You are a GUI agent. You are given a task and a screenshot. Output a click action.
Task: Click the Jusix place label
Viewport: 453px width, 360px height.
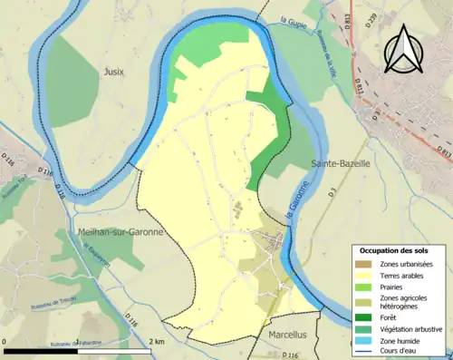[113, 71]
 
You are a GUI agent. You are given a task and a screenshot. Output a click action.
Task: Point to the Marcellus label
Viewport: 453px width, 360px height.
[290, 335]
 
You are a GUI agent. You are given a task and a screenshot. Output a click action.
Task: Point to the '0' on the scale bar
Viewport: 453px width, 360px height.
[6, 341]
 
